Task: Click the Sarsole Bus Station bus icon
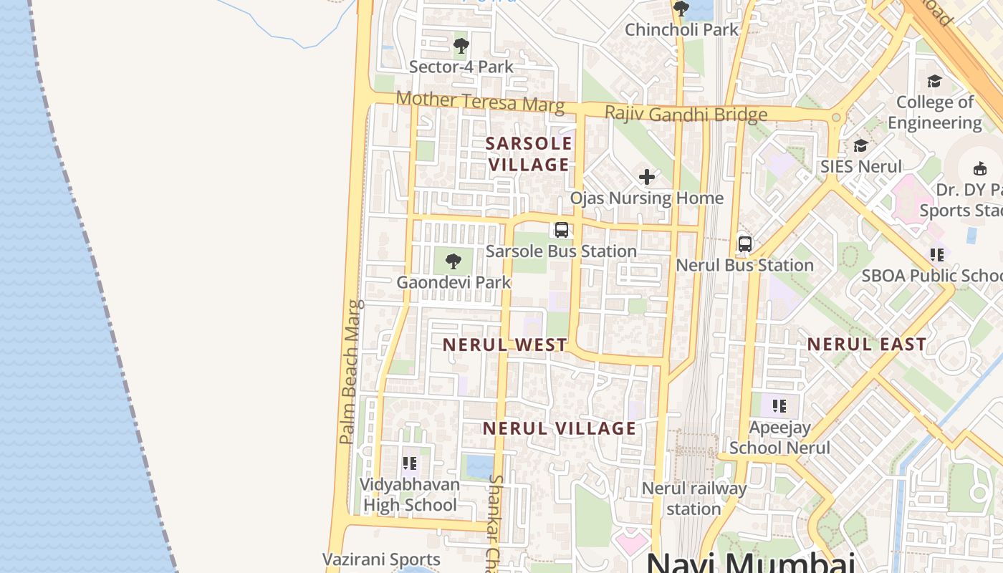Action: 562,230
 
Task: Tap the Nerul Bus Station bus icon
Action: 745,244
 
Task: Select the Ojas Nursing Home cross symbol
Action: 647,176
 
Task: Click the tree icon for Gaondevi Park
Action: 453,261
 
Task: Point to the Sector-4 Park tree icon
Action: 461,46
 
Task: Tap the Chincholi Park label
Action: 681,29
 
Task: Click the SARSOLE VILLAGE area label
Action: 529,153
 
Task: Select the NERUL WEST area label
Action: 505,345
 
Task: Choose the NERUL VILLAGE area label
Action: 560,428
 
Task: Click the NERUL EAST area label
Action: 867,345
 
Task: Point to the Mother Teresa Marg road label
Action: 480,101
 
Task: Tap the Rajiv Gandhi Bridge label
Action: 686,113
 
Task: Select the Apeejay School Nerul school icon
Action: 779,406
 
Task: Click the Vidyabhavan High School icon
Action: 409,463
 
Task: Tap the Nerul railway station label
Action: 694,499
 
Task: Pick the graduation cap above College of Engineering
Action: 934,81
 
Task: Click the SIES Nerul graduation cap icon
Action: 860,146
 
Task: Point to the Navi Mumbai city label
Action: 751,562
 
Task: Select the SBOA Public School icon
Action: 936,254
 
